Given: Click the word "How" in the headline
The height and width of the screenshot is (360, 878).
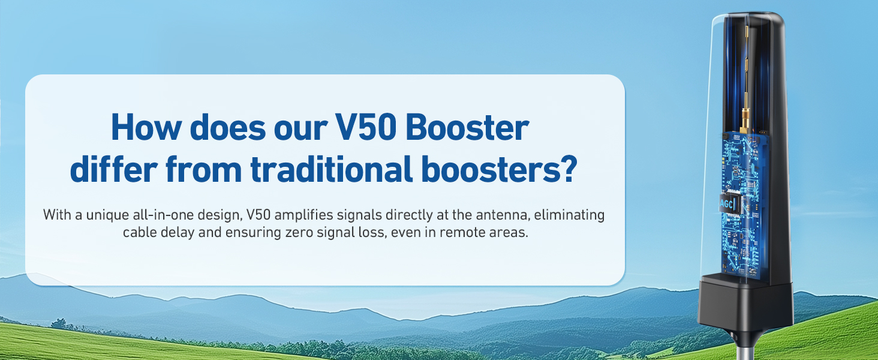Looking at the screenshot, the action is [146, 127].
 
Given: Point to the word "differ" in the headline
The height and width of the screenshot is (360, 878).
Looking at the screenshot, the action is [114, 169].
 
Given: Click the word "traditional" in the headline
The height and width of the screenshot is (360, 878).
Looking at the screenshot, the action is [332, 169].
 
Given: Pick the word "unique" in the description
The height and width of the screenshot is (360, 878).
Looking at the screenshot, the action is [107, 215].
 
